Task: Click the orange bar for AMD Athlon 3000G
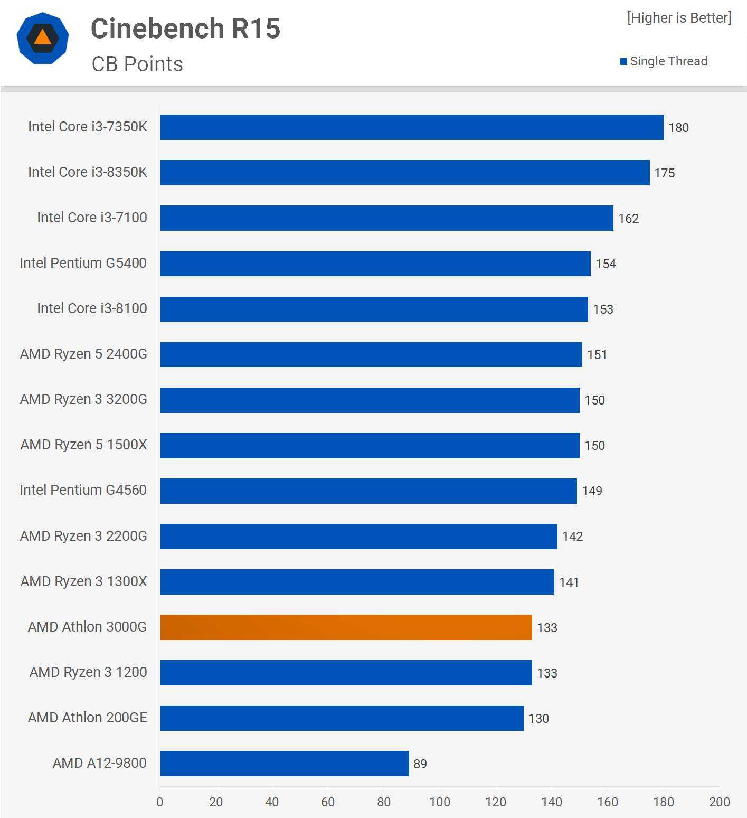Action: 346,627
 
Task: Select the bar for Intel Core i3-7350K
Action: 412,127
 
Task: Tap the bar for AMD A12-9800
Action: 285,764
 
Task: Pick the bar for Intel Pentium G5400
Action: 375,264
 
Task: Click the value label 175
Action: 664,173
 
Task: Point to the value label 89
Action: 420,764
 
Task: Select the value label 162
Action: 628,219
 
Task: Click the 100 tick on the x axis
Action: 440,802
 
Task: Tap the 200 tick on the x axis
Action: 719,802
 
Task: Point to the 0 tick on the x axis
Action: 160,802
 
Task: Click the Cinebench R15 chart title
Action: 185,29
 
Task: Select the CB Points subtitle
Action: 137,64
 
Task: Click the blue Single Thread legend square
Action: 623,62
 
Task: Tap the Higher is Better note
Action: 679,18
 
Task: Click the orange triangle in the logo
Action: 43,37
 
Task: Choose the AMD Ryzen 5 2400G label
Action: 83,354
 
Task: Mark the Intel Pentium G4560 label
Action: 83,490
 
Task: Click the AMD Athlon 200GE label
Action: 87,718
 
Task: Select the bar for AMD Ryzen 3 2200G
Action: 358,537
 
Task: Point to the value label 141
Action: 569,582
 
